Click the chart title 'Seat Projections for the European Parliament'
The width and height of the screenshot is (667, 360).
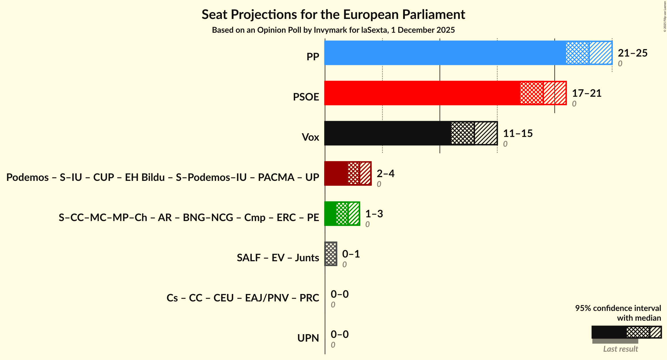[x=333, y=14]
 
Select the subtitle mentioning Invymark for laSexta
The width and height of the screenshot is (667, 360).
[x=333, y=30]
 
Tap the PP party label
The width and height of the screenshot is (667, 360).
[x=313, y=57]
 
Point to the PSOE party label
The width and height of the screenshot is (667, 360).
[x=306, y=97]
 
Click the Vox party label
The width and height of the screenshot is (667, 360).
[x=310, y=137]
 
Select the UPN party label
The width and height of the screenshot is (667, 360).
[x=308, y=338]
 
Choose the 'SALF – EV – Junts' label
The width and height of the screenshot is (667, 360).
[x=278, y=258]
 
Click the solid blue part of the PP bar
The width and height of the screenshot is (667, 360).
[x=445, y=53]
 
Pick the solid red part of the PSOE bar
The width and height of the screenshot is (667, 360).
[x=422, y=93]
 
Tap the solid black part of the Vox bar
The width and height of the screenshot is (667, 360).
[x=388, y=133]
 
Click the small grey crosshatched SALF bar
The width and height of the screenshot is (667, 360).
[x=331, y=254]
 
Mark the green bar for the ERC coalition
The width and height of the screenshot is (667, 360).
[x=342, y=214]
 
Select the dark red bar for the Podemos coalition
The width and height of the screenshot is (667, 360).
[x=348, y=173]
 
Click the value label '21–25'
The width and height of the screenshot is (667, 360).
[x=633, y=53]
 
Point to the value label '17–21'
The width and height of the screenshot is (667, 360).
[x=587, y=93]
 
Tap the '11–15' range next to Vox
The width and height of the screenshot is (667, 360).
[x=518, y=133]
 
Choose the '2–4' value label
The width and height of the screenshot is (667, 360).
[x=385, y=174]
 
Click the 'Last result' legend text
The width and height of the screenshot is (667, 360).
[x=620, y=349]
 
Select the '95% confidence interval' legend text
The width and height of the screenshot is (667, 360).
[x=618, y=308]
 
